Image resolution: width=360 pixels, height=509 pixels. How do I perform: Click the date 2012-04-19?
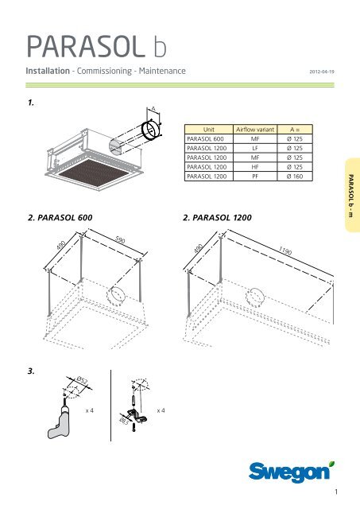[x=322, y=72]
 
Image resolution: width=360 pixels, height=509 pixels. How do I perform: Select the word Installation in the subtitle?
[x=48, y=71]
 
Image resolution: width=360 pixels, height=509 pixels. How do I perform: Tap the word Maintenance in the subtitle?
[x=162, y=71]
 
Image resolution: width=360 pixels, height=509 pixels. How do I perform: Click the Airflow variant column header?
[x=255, y=129]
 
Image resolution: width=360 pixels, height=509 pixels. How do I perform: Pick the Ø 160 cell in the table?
[x=295, y=177]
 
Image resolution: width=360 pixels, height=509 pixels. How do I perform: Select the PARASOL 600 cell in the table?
[x=205, y=139]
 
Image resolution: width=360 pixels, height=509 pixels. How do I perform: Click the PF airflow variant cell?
[x=255, y=177]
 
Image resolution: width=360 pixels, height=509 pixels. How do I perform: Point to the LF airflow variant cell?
[x=255, y=149]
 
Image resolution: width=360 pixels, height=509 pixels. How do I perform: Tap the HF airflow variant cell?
[x=255, y=167]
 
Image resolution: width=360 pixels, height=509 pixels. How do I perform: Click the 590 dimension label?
[x=120, y=239]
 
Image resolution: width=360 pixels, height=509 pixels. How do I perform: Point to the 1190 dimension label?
[x=285, y=251]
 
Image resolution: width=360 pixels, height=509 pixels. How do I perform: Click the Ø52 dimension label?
[x=82, y=380]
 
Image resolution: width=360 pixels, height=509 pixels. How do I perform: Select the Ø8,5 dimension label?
[x=124, y=422]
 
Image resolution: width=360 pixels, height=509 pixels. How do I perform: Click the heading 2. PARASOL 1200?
[x=217, y=217]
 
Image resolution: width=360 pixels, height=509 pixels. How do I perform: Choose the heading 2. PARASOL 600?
[x=60, y=217]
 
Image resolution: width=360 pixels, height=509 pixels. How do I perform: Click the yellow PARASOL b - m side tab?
[x=353, y=195]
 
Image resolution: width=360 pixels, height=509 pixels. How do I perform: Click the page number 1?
[x=336, y=492]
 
